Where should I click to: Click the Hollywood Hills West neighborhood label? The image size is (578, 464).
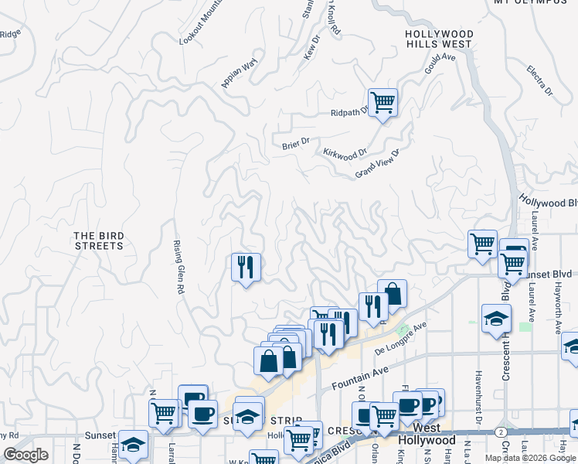click(x=439, y=39)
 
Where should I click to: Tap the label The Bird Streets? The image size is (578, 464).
click(x=98, y=241)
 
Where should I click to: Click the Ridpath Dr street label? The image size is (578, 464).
click(x=351, y=113)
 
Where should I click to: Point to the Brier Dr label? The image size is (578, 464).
click(x=295, y=142)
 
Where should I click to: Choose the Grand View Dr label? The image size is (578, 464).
click(x=376, y=163)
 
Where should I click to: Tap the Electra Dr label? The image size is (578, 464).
click(x=539, y=80)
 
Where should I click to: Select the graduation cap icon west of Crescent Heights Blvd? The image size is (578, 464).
click(x=495, y=319)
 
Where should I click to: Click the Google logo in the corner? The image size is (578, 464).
click(x=25, y=455)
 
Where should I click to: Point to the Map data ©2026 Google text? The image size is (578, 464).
click(x=531, y=458)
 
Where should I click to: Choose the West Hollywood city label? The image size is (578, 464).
click(x=427, y=434)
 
